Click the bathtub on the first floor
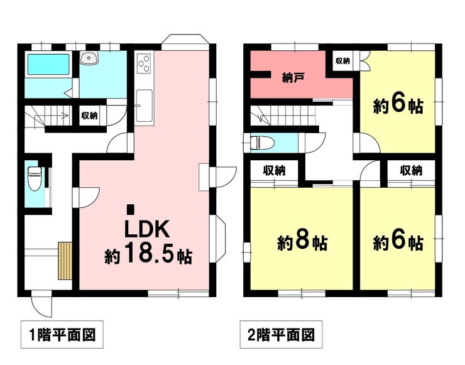click(48, 64)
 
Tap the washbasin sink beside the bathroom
click(89, 58)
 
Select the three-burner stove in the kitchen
click(144, 63)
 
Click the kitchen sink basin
click(145, 106)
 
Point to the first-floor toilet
click(35, 178)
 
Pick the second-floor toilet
click(262, 143)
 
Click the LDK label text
click(148, 229)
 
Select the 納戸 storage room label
click(293, 78)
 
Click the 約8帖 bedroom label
click(303, 242)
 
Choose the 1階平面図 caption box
click(62, 334)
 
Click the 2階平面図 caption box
click(281, 334)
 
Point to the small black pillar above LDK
click(130, 209)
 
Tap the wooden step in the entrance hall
click(65, 261)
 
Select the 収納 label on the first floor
click(89, 116)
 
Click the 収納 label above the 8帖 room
click(275, 170)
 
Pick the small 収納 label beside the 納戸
click(342, 61)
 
